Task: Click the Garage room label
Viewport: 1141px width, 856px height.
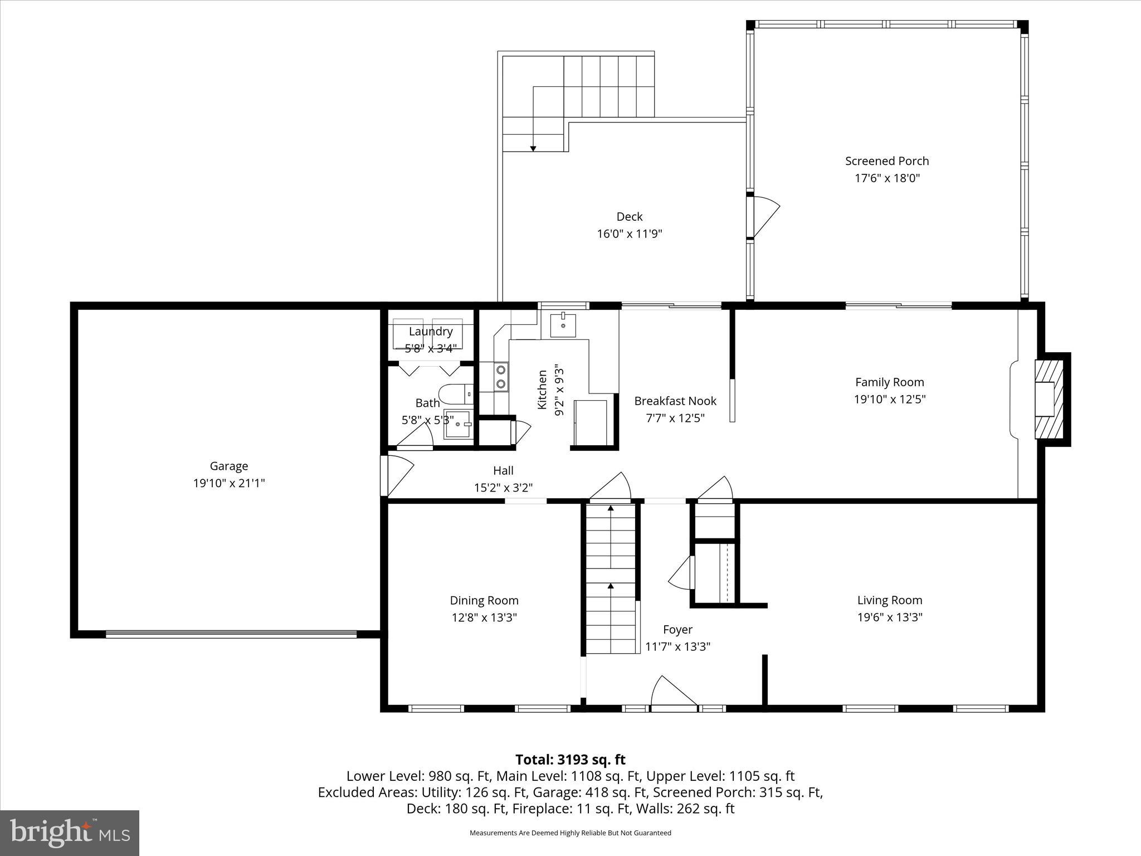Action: click(228, 466)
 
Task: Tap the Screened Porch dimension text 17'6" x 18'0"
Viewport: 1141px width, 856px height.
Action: click(887, 178)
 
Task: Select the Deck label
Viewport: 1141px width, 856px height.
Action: click(629, 216)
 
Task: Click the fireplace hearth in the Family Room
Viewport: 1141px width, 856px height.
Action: click(1050, 399)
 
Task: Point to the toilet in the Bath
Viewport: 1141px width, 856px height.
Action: click(454, 394)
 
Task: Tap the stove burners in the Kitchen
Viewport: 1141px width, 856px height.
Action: click(501, 376)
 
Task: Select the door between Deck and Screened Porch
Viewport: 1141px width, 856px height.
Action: click(763, 216)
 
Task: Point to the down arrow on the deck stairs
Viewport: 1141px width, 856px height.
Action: click(533, 148)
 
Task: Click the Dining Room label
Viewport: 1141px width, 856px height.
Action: click(484, 600)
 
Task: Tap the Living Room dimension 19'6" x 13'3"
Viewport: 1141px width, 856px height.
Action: click(890, 617)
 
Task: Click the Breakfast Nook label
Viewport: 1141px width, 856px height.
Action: click(675, 401)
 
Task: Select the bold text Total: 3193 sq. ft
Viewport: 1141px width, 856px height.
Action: click(570, 760)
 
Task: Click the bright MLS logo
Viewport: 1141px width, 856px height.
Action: click(70, 833)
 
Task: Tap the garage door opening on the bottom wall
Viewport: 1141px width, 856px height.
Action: click(231, 634)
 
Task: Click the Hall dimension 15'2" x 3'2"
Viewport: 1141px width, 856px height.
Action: click(503, 488)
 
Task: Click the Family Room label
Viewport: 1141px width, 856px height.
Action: click(889, 382)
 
